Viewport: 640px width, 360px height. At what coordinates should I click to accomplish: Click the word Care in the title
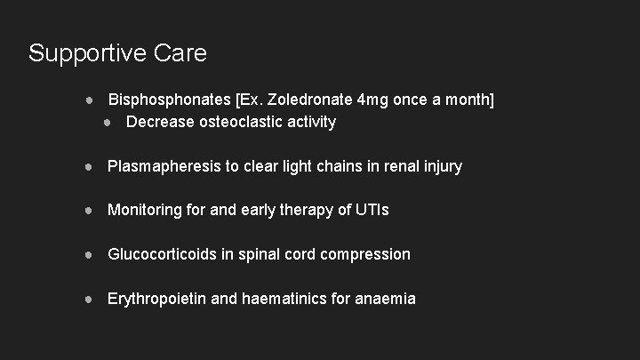[x=180, y=53]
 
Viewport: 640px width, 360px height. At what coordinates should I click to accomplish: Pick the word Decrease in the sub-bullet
[x=161, y=122]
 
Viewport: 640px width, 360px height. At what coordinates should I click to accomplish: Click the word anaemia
[x=385, y=299]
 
